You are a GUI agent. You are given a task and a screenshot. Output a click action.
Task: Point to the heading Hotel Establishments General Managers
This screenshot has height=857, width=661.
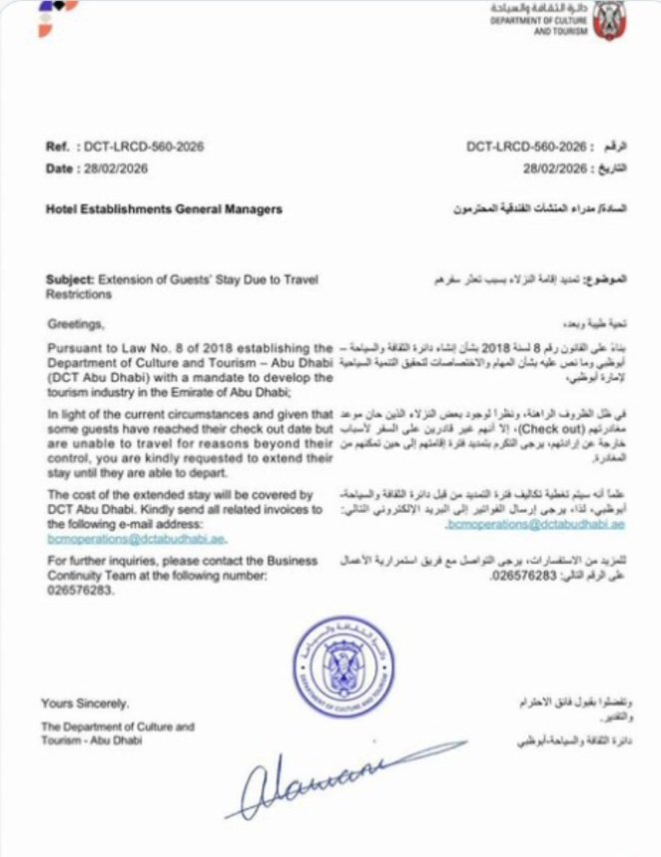tap(164, 210)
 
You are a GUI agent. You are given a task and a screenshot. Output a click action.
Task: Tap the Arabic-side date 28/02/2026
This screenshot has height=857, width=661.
tap(537, 169)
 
